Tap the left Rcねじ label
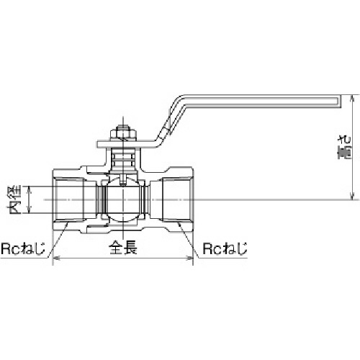[x=23, y=248]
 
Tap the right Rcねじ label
[x=225, y=248]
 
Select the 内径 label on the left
[x=15, y=199]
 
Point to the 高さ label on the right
[x=344, y=147]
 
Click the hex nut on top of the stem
[x=123, y=134]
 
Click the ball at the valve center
[x=123, y=199]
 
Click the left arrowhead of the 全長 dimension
[x=55, y=258]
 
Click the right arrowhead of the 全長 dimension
[x=190, y=258]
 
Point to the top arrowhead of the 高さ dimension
[x=352, y=98]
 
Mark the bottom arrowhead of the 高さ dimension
[x=352, y=197]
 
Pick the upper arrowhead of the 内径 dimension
[x=29, y=189]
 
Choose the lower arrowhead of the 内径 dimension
[x=29, y=210]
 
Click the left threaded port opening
[x=68, y=199]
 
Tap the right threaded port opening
[x=177, y=199]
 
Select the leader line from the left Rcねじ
[x=58, y=240]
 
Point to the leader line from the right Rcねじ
[x=189, y=240]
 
